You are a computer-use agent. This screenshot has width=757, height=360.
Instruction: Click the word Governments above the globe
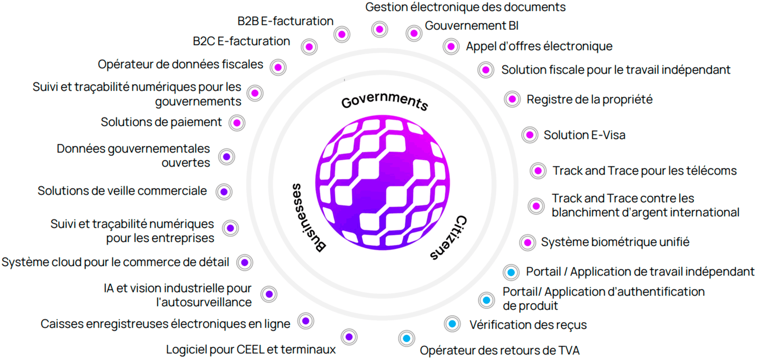click(x=385, y=101)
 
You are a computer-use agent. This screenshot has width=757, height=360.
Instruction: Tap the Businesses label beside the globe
click(x=307, y=218)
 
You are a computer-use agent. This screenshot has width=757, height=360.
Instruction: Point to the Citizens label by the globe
click(x=449, y=238)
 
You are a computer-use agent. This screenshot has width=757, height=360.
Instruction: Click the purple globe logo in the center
click(x=382, y=182)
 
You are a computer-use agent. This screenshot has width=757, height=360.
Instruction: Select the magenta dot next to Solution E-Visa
click(x=530, y=135)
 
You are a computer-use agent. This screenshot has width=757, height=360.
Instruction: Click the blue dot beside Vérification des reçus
click(x=452, y=324)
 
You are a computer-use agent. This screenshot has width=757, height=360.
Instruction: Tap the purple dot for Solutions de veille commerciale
click(x=224, y=192)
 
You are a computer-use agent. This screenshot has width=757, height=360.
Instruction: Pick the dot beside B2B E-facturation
click(x=342, y=35)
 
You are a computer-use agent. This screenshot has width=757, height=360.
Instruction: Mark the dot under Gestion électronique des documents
click(x=379, y=29)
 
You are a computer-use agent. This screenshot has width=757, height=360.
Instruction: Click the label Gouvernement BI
click(x=471, y=26)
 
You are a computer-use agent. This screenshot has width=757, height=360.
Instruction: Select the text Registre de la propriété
click(x=589, y=99)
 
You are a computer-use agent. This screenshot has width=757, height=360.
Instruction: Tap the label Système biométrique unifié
click(x=615, y=242)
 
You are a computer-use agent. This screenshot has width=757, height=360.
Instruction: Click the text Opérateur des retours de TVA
click(x=499, y=350)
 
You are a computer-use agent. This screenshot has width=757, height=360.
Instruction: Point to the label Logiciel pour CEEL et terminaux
click(x=251, y=350)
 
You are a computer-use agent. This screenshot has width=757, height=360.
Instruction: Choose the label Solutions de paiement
click(x=161, y=122)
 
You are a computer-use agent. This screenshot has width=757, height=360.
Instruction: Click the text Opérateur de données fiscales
click(x=180, y=64)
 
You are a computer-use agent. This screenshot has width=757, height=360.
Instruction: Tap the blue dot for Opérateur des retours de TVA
click(x=407, y=338)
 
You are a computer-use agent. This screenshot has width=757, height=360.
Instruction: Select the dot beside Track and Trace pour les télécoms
click(x=538, y=171)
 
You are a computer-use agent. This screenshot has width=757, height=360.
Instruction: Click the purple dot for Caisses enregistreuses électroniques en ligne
click(x=306, y=321)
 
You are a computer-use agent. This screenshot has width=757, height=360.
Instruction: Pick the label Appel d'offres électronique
click(x=539, y=46)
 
